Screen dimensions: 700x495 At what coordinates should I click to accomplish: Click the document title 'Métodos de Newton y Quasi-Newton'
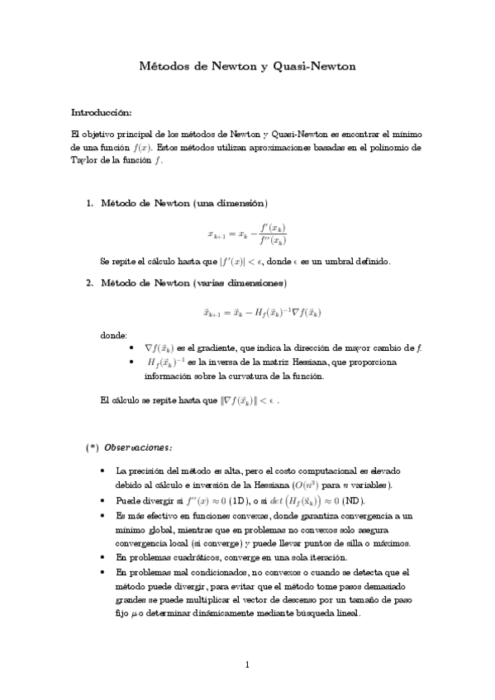pyautogui.click(x=246, y=66)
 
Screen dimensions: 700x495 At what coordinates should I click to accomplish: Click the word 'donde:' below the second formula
pyautogui.click(x=113, y=336)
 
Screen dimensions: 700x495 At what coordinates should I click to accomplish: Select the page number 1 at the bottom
pyautogui.click(x=247, y=664)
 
